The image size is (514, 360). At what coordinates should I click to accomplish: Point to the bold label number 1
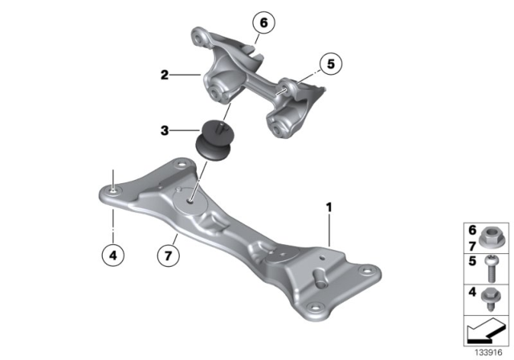[x=328, y=207]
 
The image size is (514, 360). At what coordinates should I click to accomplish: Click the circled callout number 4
[x=114, y=256]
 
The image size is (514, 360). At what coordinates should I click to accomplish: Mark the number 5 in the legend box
[x=472, y=262]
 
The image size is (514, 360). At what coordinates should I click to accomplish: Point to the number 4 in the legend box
[x=472, y=292]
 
